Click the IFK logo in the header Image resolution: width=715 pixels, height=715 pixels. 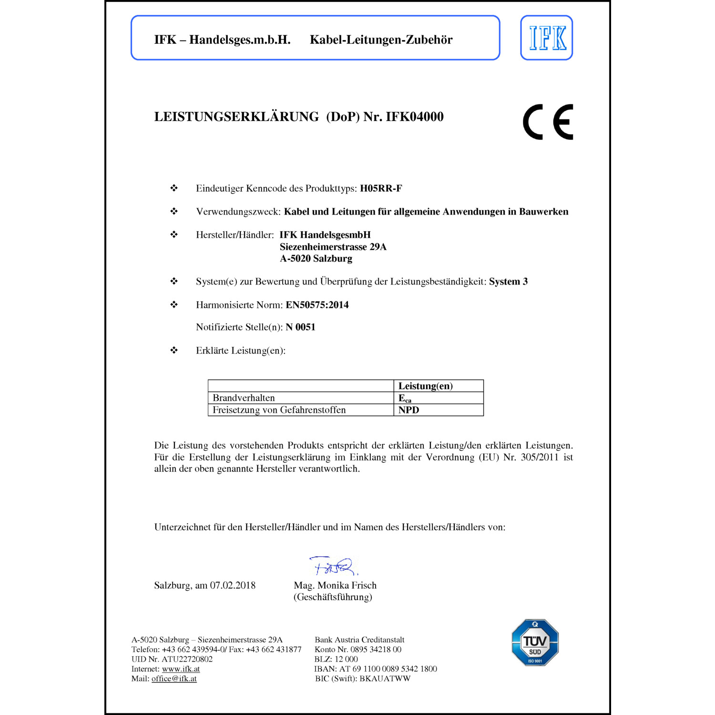click(x=546, y=38)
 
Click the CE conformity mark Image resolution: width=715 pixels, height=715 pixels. click(x=548, y=122)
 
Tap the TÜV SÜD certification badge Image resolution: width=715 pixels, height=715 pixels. click(x=535, y=642)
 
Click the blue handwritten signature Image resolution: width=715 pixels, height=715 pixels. click(x=334, y=566)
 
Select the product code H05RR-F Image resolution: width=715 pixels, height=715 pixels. click(x=381, y=188)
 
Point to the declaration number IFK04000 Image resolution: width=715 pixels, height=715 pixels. click(x=414, y=117)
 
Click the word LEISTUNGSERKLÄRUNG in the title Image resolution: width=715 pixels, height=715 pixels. click(x=236, y=117)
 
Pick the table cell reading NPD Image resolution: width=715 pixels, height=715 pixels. click(x=409, y=410)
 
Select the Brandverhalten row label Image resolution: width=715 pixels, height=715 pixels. click(x=244, y=398)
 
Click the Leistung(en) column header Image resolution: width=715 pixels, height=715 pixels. click(x=425, y=386)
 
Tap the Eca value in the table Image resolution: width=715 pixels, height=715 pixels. click(x=405, y=398)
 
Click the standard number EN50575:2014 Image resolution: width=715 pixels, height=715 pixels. click(x=317, y=305)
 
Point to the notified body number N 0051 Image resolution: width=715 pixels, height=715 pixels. click(x=300, y=327)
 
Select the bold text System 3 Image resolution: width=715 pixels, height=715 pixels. click(x=508, y=282)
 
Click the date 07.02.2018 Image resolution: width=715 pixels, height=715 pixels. click(x=233, y=585)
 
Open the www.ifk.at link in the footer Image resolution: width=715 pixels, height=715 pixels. click(x=181, y=669)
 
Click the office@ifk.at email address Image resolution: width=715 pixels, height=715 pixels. click(x=174, y=679)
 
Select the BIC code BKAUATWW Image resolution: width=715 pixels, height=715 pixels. click(x=385, y=679)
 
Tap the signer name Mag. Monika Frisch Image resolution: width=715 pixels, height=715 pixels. click(x=335, y=585)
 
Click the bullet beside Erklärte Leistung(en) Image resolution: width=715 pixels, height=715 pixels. click(x=174, y=350)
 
